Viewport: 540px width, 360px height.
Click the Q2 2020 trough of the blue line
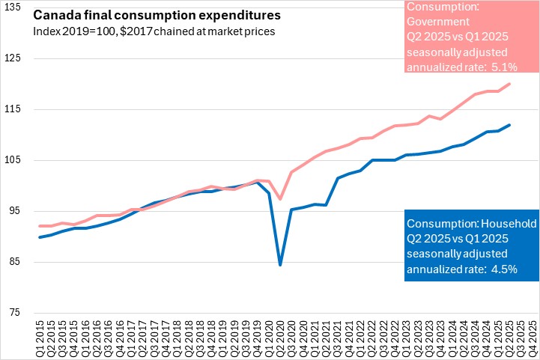280,264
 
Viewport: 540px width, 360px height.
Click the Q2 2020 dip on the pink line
280,199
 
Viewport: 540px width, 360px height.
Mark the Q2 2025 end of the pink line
510,84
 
